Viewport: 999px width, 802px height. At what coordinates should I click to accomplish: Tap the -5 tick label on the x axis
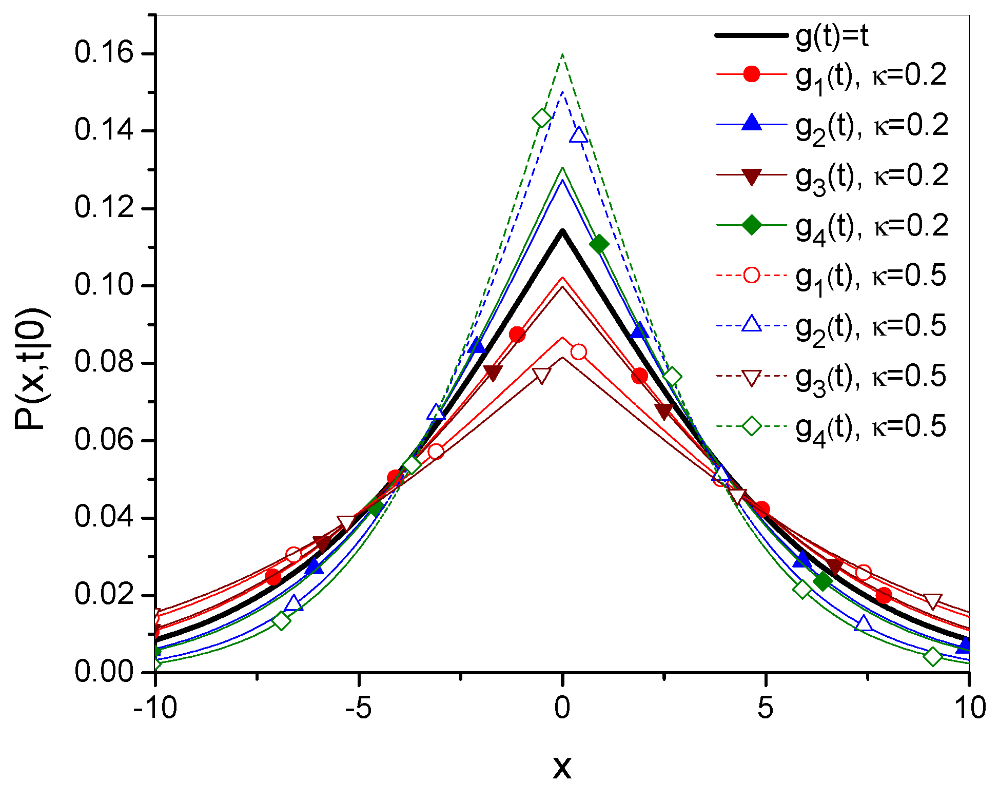click(x=358, y=709)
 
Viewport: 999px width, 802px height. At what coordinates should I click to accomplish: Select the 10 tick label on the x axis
click(x=969, y=709)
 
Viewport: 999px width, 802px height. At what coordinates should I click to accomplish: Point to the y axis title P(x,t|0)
click(x=32, y=369)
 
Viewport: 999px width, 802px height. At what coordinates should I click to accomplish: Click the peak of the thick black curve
click(x=562, y=231)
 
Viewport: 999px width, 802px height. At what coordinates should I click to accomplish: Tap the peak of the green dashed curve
click(x=563, y=54)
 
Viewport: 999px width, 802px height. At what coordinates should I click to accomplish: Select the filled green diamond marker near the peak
click(x=599, y=245)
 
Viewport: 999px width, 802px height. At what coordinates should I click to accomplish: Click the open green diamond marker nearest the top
click(x=542, y=118)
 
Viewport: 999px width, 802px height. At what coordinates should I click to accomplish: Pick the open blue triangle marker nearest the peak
click(x=579, y=135)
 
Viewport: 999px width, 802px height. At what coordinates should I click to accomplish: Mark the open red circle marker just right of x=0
click(x=579, y=352)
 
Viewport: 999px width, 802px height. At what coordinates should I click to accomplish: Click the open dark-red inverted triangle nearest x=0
click(x=542, y=376)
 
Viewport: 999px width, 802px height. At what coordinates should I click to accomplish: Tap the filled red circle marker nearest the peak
click(x=517, y=335)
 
